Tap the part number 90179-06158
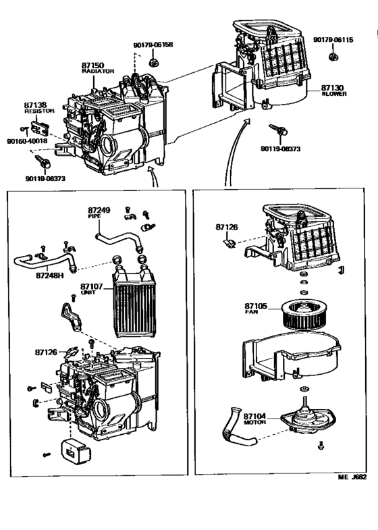click(x=153, y=45)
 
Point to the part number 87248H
click(x=50, y=275)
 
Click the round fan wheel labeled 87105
click(x=301, y=314)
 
